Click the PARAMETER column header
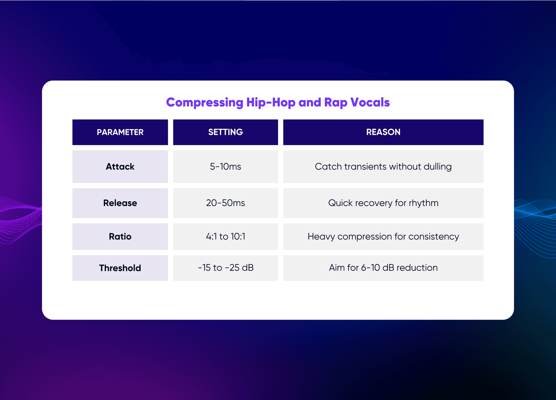[120, 132]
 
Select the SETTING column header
[225, 132]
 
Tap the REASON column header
[383, 132]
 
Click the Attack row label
[120, 167]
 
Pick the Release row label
[120, 203]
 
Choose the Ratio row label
[120, 237]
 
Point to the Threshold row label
[120, 268]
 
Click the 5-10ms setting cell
[225, 167]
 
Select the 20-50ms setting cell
[225, 203]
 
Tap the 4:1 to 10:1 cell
[225, 237]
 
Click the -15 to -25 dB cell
[225, 268]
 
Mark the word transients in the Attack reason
[365, 167]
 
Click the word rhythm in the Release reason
[424, 203]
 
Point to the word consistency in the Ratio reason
[434, 237]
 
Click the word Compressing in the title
[205, 103]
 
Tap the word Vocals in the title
[370, 103]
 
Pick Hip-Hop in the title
[271, 103]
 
